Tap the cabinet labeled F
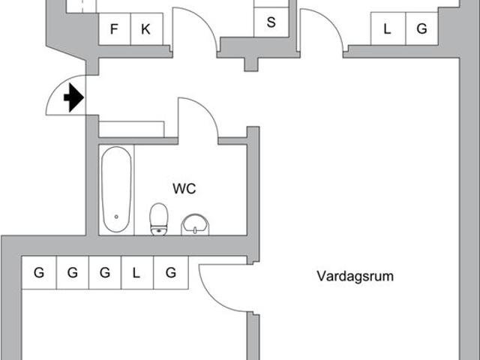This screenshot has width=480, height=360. (115, 30)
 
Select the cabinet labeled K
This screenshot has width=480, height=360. (145, 30)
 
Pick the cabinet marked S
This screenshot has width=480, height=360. (271, 22)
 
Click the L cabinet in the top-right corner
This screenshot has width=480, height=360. (387, 30)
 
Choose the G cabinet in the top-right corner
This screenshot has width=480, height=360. (421, 30)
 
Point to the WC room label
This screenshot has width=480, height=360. (184, 189)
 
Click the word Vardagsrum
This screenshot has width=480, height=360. (355, 276)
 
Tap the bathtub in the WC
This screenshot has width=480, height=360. (116, 189)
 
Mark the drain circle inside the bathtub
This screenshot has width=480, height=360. (116, 217)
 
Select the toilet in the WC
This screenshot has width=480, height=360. (159, 220)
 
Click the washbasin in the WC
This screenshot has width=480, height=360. (196, 223)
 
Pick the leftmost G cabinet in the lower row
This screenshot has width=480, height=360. (38, 273)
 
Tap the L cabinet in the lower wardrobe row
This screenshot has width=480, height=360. (136, 273)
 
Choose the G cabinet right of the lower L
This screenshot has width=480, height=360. (171, 273)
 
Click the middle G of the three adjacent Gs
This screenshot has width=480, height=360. (72, 273)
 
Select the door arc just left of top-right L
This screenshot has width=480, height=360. (322, 31)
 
